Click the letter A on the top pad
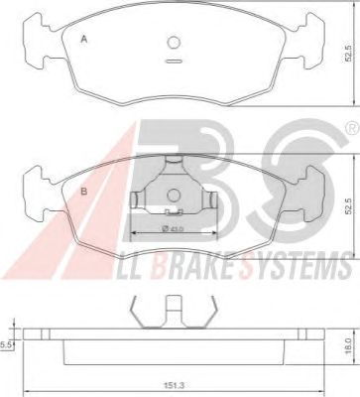[84, 40]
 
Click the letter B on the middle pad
[84, 192]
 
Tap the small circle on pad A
[174, 43]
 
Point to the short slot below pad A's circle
[173, 61]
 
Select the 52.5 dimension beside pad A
[347, 55]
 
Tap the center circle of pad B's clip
[174, 196]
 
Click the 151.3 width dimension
[175, 385]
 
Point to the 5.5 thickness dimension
[6, 345]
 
